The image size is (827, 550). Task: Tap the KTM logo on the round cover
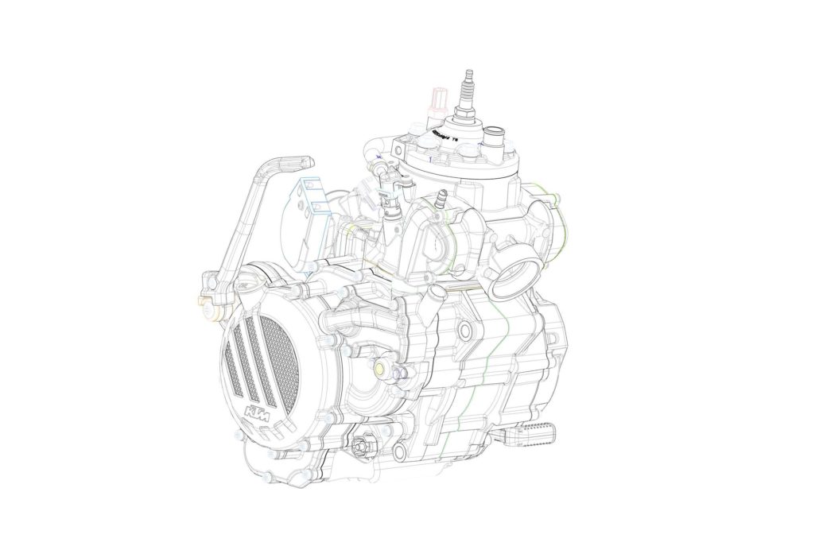[257, 413]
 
